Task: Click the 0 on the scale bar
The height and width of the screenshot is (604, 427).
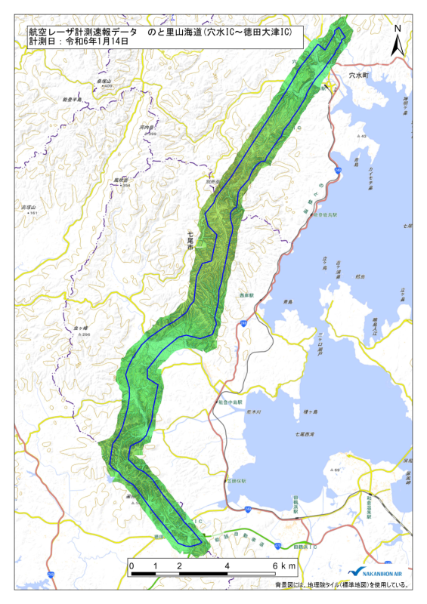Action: tap(132, 565)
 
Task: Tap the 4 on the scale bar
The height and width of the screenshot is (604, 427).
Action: tap(227, 565)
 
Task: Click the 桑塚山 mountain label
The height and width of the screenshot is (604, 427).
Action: tap(104, 81)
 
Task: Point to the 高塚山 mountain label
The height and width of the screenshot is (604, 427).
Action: tap(29, 207)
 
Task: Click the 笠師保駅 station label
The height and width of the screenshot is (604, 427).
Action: tap(234, 479)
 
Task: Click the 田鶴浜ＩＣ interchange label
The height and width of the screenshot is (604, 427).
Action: tap(304, 545)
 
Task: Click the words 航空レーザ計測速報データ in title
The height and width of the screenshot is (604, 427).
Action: tap(83, 32)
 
